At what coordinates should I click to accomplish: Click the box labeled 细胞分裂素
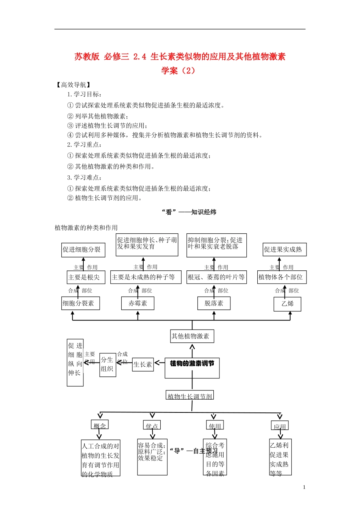[80, 303]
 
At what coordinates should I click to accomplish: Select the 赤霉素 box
[138, 303]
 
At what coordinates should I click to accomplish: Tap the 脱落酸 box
[214, 303]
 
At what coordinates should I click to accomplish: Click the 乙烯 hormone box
[288, 304]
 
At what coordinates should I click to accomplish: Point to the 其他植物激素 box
[192, 336]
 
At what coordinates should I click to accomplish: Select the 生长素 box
[143, 364]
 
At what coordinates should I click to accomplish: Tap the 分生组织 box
[108, 365]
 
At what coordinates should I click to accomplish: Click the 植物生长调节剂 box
[190, 395]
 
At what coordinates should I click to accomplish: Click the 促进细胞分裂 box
[83, 250]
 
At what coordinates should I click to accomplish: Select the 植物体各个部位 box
[282, 277]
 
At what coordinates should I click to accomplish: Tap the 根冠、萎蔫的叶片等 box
[216, 277]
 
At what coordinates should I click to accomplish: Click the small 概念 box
[100, 425]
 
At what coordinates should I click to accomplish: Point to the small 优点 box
[152, 425]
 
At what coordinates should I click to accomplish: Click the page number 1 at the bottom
[304, 487]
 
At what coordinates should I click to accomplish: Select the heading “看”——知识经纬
[189, 212]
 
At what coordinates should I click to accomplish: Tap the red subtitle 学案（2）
[178, 70]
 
